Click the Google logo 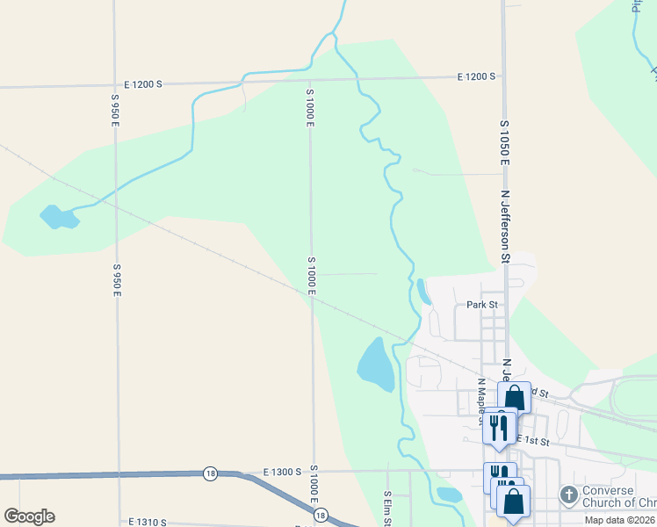pos(29,516)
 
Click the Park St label pos(482,305)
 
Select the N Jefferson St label pos(505,227)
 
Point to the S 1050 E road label pos(505,144)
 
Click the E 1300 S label pos(282,472)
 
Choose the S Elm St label pos(386,508)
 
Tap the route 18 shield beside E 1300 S pos(210,473)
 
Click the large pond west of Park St pos(377,364)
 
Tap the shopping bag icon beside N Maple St pos(515,398)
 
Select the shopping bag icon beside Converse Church pos(514,502)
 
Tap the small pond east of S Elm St pos(449,495)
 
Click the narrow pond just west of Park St pos(424,292)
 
